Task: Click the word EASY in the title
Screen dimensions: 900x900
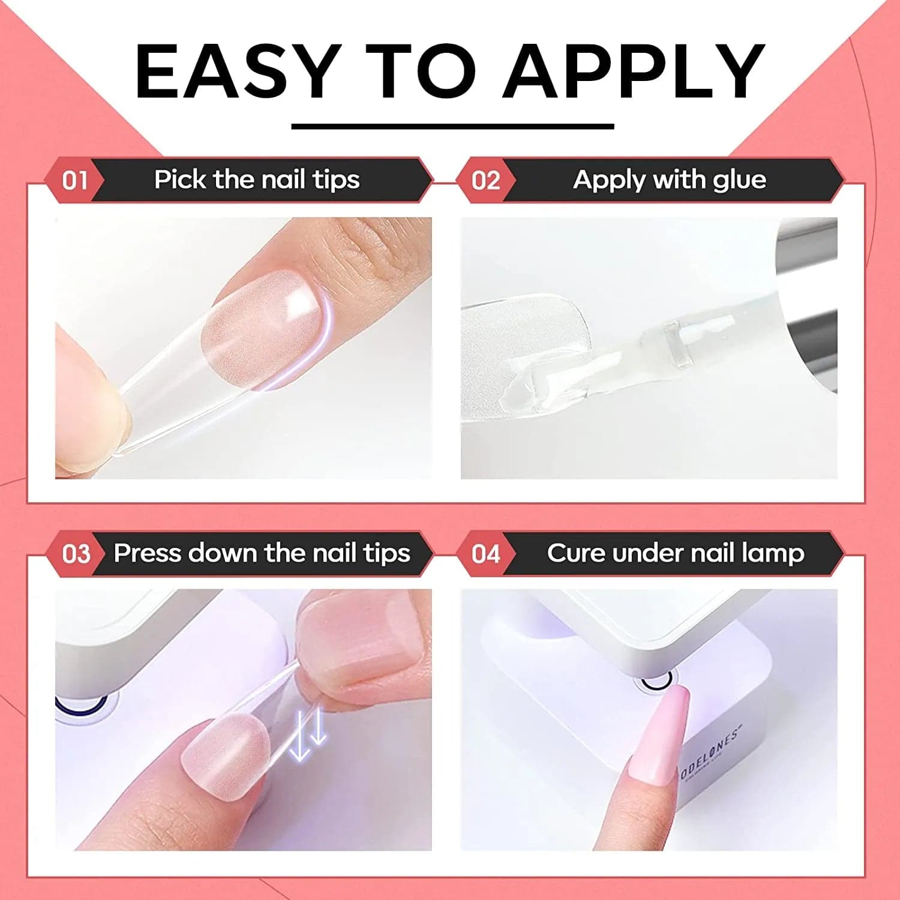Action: point(236,71)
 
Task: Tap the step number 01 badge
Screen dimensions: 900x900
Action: point(75,180)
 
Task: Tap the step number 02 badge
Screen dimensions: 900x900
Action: point(486,180)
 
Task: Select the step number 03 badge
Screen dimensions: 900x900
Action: point(76,553)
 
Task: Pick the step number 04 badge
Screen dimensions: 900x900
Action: point(486,553)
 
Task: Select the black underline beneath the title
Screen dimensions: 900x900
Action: point(452,126)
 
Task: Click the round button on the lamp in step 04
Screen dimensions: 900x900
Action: point(657,681)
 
